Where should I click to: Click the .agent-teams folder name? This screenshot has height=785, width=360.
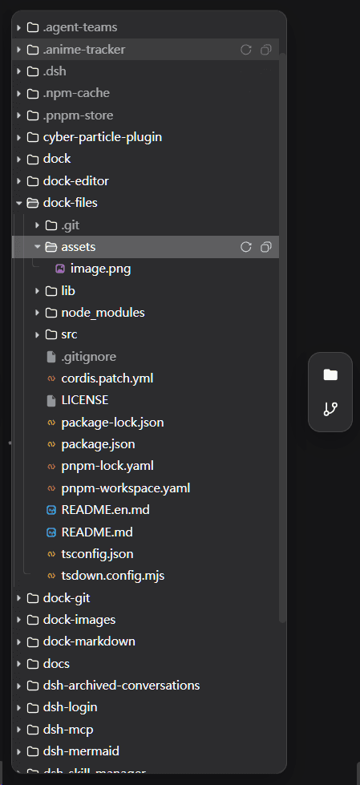click(80, 27)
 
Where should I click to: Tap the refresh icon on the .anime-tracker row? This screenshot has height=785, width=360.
click(246, 50)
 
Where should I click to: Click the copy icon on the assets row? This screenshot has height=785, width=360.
click(266, 247)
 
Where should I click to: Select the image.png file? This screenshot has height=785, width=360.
click(101, 269)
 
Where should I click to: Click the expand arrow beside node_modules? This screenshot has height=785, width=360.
click(37, 313)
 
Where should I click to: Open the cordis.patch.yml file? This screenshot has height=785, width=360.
click(107, 378)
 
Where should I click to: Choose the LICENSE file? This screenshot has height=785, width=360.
click(85, 400)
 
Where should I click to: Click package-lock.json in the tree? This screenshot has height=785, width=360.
click(113, 423)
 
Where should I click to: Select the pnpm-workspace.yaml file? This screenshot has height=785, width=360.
click(126, 488)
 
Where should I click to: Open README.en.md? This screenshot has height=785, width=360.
click(106, 510)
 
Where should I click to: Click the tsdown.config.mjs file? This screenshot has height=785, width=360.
click(113, 576)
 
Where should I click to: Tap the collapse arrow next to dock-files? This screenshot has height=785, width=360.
click(19, 203)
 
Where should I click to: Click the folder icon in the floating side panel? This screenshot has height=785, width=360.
click(330, 374)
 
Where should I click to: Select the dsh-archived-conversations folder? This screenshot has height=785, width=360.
click(122, 686)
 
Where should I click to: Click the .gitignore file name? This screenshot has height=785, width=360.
click(89, 357)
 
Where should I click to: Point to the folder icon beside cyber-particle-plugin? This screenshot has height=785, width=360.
click(33, 137)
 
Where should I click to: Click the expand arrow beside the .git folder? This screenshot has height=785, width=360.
click(37, 225)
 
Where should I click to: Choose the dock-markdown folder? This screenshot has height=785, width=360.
click(89, 641)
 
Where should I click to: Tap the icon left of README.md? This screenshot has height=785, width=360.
click(51, 532)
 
